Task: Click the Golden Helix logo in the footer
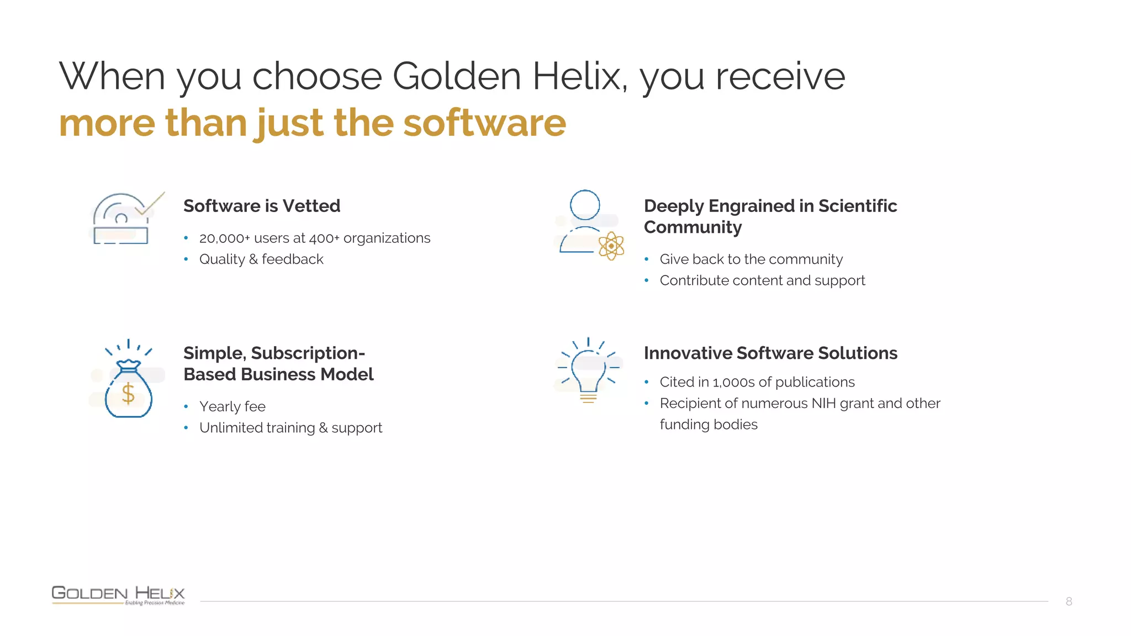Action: click(118, 594)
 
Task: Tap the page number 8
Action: click(1069, 601)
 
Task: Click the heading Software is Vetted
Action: click(262, 206)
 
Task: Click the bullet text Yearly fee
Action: click(232, 406)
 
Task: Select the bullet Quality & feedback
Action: click(261, 259)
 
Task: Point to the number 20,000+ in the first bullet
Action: click(224, 238)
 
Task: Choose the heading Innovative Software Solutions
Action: click(770, 353)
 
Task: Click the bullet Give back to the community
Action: click(751, 259)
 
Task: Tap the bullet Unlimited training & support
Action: click(290, 427)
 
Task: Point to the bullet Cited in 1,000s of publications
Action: click(757, 382)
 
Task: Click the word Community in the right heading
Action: click(693, 227)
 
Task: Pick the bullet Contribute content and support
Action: click(762, 280)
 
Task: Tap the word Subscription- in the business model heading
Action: click(308, 353)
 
